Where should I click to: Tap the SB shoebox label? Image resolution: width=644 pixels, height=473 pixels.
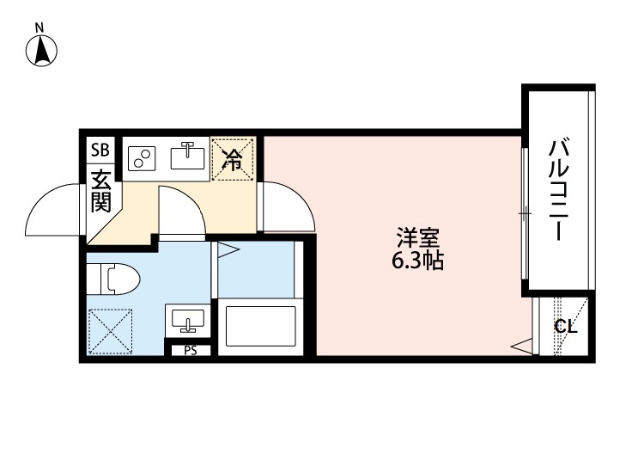(100, 150)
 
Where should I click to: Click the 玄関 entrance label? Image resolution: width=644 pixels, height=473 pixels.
(101, 191)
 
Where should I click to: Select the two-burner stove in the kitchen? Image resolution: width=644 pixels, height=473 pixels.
(142, 158)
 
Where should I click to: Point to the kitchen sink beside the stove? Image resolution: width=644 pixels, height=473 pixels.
(187, 157)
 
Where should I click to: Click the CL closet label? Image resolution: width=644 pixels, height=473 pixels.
(565, 327)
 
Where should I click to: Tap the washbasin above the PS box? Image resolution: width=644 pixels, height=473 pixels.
(188, 319)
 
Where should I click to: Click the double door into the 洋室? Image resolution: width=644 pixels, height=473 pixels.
(288, 206)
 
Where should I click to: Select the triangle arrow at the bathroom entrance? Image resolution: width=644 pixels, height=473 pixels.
(227, 251)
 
